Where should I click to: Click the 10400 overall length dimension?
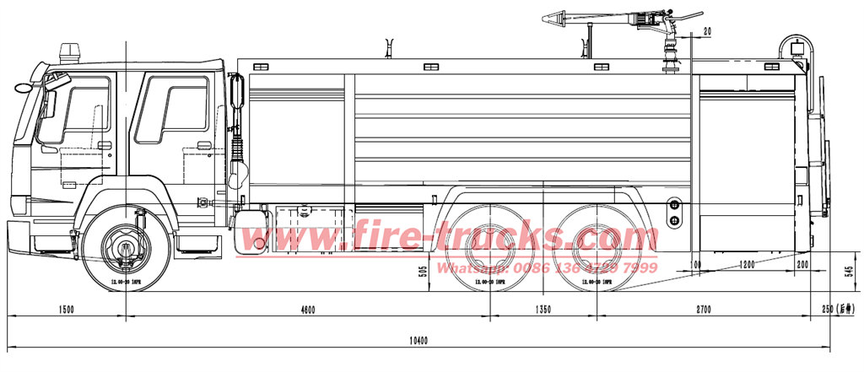(418, 341)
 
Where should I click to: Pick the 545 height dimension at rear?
(850, 272)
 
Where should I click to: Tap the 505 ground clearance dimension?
(423, 271)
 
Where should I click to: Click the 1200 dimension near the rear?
(747, 265)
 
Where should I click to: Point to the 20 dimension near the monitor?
(706, 31)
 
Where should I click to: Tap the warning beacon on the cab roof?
(68, 52)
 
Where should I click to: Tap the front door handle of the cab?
(105, 145)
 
